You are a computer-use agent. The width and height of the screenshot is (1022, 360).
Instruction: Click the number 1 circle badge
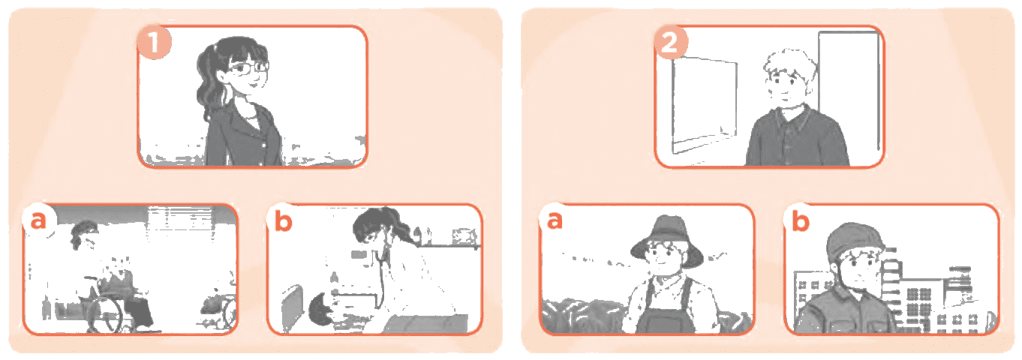(x=155, y=43)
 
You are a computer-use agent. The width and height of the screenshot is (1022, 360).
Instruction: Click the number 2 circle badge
(x=671, y=43)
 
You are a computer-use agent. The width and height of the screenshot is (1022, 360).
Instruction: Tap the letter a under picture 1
(x=38, y=220)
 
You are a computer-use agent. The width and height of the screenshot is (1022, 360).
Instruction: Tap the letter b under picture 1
(x=283, y=221)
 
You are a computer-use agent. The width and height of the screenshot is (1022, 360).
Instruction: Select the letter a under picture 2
(x=555, y=220)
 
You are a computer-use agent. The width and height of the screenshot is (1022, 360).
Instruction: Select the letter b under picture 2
(x=800, y=220)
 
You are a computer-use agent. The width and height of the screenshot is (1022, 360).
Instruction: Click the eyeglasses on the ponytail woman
(x=249, y=68)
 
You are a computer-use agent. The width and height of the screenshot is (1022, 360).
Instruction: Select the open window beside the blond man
(x=704, y=105)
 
